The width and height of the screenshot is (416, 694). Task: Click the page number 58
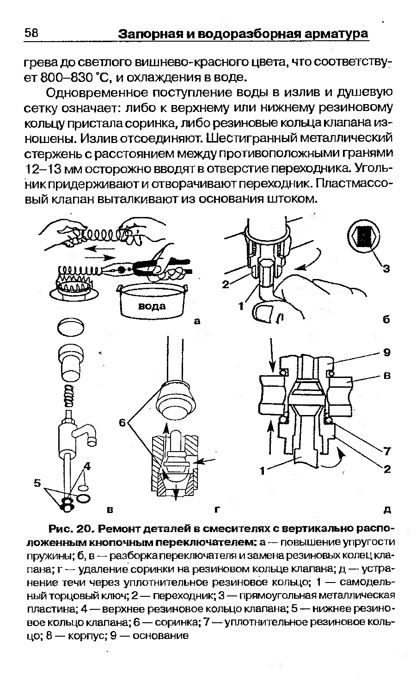[32, 33]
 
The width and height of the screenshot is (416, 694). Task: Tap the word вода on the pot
[152, 306]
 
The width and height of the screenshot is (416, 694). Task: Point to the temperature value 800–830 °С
[60, 76]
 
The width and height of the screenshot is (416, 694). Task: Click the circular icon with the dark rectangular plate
[365, 236]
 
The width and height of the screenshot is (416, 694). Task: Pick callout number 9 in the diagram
[387, 353]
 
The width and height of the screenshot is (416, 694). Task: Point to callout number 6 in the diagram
[122, 422]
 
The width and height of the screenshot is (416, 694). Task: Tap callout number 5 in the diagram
[37, 483]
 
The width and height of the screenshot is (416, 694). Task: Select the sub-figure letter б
[387, 320]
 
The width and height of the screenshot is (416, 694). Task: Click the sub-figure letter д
[387, 510]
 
